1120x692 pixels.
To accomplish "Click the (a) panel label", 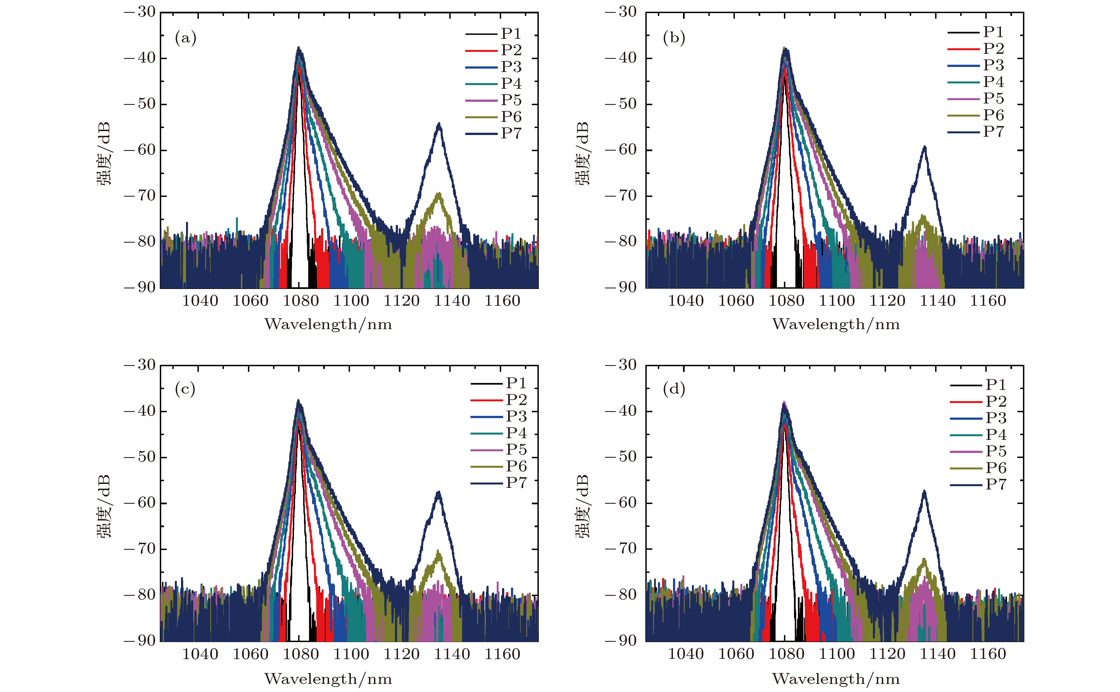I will click(185, 38).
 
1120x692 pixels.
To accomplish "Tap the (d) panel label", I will click(674, 389).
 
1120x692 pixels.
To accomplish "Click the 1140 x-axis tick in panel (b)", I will click(937, 301).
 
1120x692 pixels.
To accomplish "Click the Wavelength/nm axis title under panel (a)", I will click(328, 324).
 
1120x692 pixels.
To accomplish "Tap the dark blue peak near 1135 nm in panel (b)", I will click(925, 147).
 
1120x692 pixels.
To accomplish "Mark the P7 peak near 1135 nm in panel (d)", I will click(924, 491).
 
